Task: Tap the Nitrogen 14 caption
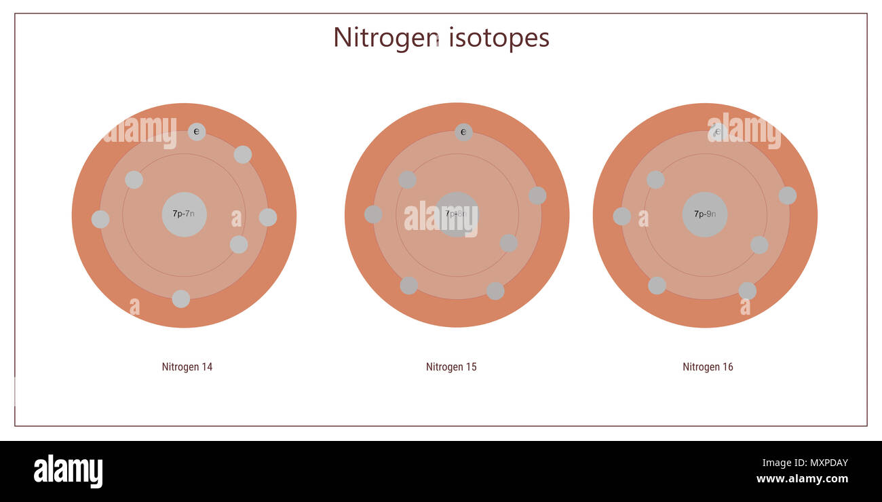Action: point(187,367)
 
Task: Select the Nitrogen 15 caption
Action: point(451,367)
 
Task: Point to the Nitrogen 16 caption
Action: point(708,367)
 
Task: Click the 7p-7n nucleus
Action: point(184,214)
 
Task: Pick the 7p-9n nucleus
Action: point(705,214)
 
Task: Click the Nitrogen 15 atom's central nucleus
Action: point(457,214)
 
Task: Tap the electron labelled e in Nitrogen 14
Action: point(197,132)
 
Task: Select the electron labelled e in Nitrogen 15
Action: point(463,132)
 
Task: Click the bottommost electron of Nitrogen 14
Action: point(180,298)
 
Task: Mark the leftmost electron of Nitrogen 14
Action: point(100,219)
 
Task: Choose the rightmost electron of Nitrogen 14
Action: point(268,217)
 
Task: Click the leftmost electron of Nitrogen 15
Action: point(373,214)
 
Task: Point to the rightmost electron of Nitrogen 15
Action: point(537,195)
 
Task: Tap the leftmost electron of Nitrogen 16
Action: point(621,216)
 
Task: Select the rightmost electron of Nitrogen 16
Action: point(787,195)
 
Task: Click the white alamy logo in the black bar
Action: point(68,471)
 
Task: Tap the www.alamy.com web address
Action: point(802,479)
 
